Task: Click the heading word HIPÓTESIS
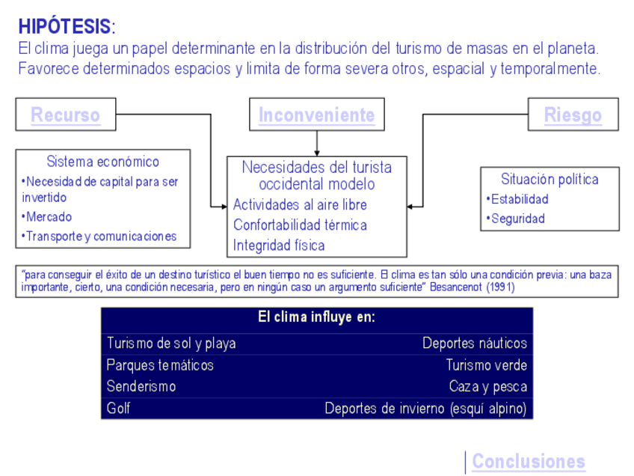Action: (x=64, y=27)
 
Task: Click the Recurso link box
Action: (x=65, y=115)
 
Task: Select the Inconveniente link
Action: (x=316, y=115)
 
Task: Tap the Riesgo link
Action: (x=573, y=115)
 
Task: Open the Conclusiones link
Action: (x=528, y=461)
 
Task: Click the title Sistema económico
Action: (x=102, y=162)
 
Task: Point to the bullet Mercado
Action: (x=49, y=217)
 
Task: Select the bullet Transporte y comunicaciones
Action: (x=101, y=237)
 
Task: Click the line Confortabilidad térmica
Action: (x=300, y=225)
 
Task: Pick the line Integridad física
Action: (x=279, y=245)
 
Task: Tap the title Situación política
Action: (x=550, y=179)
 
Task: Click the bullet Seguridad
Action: (x=517, y=219)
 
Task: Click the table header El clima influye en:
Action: (x=316, y=317)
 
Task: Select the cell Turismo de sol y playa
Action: (x=171, y=344)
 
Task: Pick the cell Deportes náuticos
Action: (x=474, y=344)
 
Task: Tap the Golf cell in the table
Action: (x=118, y=409)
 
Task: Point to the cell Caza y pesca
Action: (x=487, y=387)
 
